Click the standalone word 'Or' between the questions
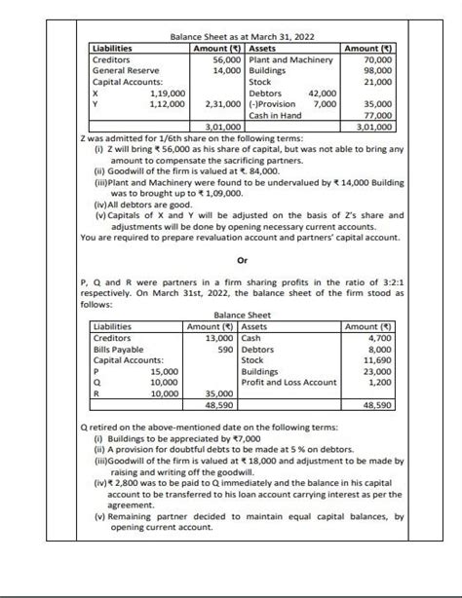tap(230, 260)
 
